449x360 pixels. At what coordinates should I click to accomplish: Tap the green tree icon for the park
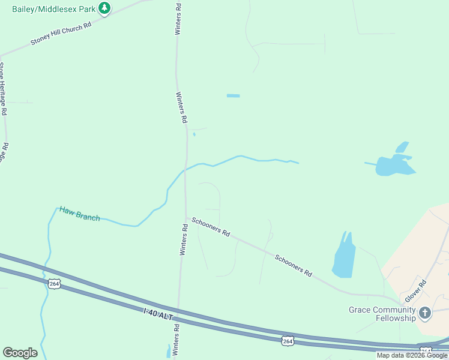(105, 8)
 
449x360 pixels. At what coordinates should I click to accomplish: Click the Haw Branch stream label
(79, 214)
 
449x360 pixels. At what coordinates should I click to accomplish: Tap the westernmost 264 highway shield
(55, 284)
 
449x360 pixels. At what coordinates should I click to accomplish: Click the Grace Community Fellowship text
(382, 314)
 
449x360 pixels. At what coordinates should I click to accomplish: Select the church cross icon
(425, 313)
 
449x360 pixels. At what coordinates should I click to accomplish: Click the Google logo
(20, 353)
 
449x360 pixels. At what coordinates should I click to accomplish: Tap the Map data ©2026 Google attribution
(412, 355)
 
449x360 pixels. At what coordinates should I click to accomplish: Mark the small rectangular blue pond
(233, 95)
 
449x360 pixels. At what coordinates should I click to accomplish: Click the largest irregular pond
(394, 164)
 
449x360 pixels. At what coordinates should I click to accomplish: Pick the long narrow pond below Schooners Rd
(343, 257)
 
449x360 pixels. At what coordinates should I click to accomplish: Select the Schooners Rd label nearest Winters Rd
(211, 227)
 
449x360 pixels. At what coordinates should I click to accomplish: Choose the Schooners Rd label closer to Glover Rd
(294, 265)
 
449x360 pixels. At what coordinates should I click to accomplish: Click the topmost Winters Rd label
(178, 18)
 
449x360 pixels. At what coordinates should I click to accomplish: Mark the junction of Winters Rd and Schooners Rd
(185, 218)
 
